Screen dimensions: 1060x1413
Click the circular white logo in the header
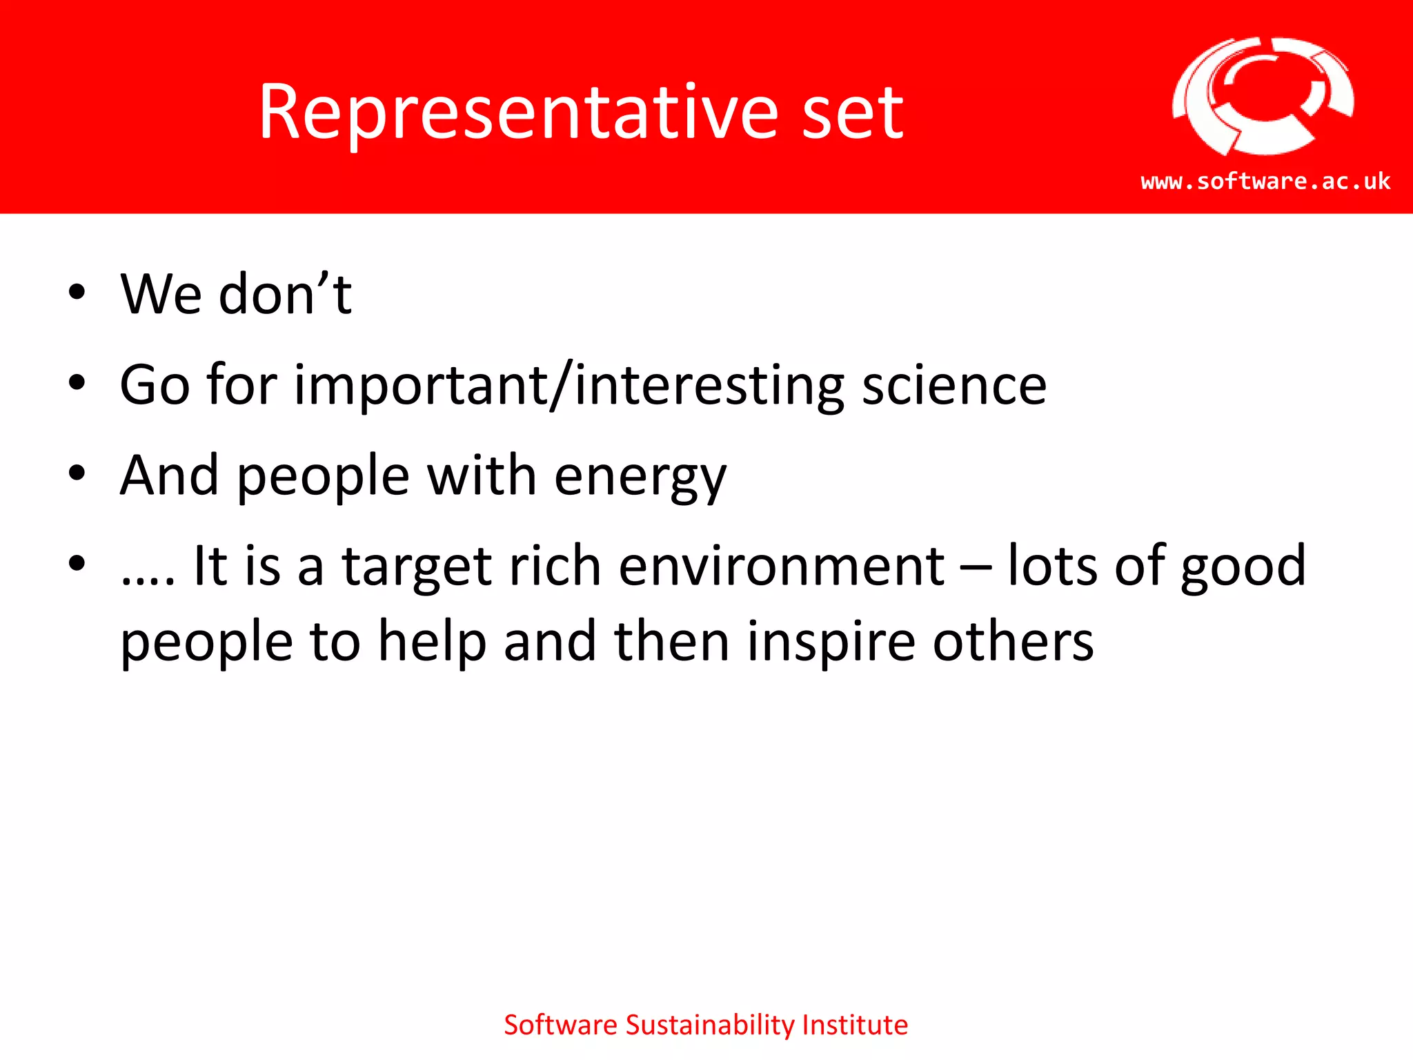click(x=1263, y=97)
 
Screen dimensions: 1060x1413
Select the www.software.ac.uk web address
click(x=1265, y=181)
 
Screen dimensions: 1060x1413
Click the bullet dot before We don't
click(x=77, y=292)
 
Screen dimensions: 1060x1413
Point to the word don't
click(x=285, y=295)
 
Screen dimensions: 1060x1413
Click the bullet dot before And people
click(x=77, y=473)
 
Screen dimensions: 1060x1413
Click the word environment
click(x=781, y=566)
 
